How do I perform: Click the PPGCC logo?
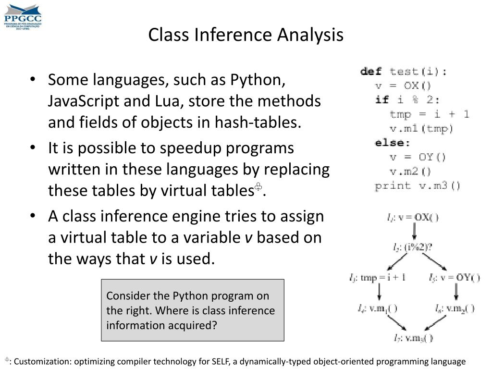click(23, 16)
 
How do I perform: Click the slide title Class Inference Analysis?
click(246, 35)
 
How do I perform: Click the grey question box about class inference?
click(193, 310)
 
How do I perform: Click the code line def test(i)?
click(404, 72)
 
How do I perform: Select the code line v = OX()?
click(404, 86)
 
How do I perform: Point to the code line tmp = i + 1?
click(429, 114)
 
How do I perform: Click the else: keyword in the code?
click(393, 143)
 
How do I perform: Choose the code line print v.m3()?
click(418, 186)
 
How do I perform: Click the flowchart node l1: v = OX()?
click(413, 217)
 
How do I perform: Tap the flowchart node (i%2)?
click(413, 247)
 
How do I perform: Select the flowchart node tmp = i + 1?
click(379, 278)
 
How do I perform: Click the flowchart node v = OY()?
click(454, 278)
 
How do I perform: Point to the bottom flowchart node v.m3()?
click(413, 338)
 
